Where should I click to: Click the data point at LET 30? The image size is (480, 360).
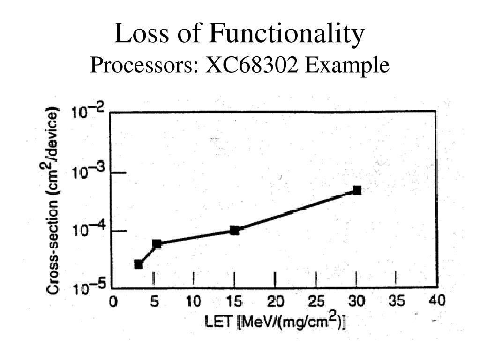click(x=357, y=190)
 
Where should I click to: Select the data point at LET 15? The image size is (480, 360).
click(x=234, y=230)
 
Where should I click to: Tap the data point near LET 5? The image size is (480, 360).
click(x=157, y=244)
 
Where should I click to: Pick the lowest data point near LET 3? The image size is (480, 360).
click(x=138, y=264)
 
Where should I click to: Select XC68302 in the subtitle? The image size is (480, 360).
click(x=253, y=66)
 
